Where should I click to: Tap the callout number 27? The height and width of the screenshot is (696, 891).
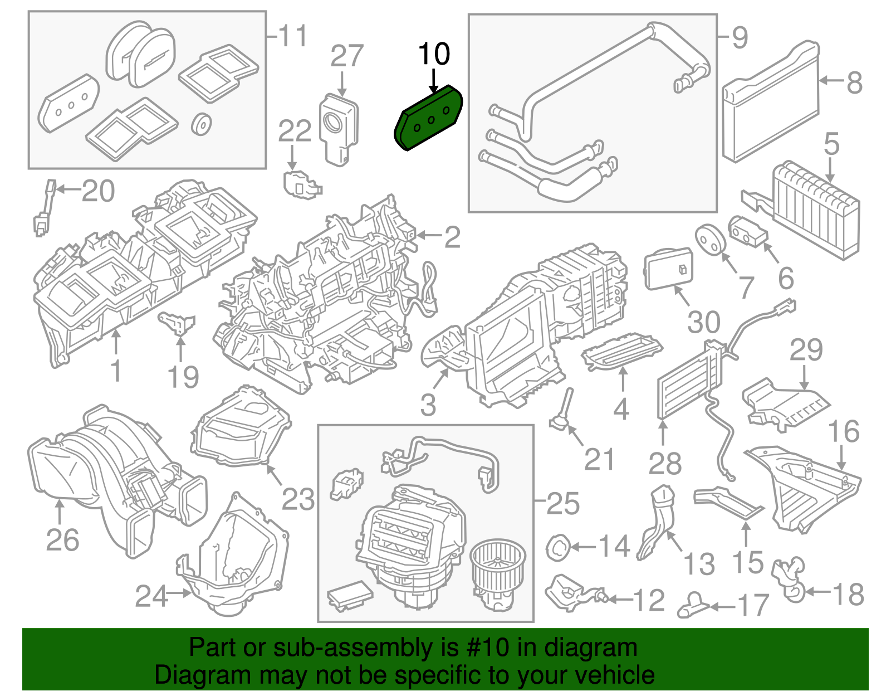pyautogui.click(x=346, y=57)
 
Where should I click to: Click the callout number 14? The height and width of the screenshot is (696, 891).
pyautogui.click(x=614, y=547)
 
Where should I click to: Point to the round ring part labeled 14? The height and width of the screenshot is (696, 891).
pyautogui.click(x=557, y=547)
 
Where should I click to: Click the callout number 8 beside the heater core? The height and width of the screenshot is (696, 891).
pyautogui.click(x=854, y=83)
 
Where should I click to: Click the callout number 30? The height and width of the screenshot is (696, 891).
pyautogui.click(x=703, y=322)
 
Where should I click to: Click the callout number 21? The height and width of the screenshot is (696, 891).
pyautogui.click(x=599, y=460)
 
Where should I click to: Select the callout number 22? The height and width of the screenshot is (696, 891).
pyautogui.click(x=295, y=132)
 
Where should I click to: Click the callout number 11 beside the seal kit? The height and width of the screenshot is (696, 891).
pyautogui.click(x=292, y=37)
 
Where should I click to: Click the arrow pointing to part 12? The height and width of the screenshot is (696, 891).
pyautogui.click(x=619, y=600)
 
